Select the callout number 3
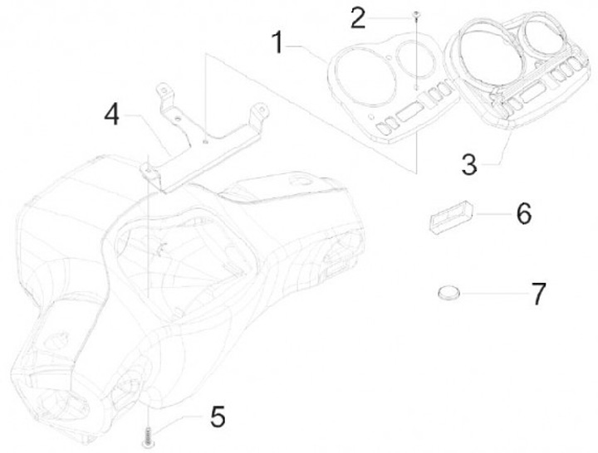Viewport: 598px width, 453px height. coord(469,164)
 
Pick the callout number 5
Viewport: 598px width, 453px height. coord(218,416)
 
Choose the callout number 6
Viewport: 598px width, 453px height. coord(523,213)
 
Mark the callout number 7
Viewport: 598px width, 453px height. coord(539,293)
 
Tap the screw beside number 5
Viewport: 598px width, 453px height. coord(147,432)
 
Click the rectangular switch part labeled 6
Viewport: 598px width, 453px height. coord(448,217)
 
